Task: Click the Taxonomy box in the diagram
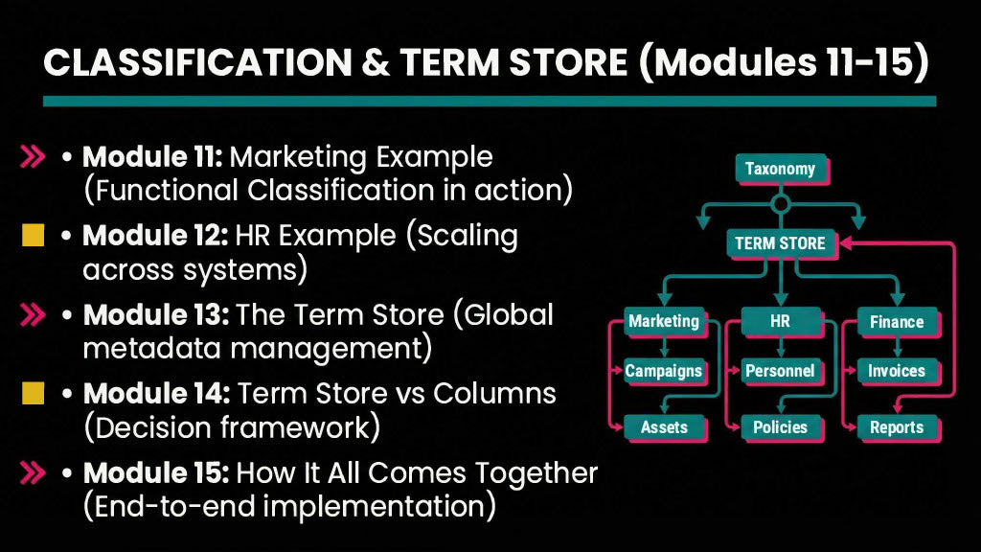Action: pyautogui.click(x=780, y=170)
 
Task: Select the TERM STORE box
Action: pyautogui.click(x=780, y=243)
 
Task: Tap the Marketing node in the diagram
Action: pyautogui.click(x=663, y=322)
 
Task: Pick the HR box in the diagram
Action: pyautogui.click(x=780, y=322)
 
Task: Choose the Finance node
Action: pyautogui.click(x=896, y=322)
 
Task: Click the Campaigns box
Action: pyautogui.click(x=663, y=371)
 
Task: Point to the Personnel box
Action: pyautogui.click(x=780, y=371)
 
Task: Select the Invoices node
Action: pyautogui.click(x=896, y=371)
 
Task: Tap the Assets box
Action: pyautogui.click(x=663, y=427)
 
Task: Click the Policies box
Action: pyautogui.click(x=780, y=427)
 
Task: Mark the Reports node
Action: pyautogui.click(x=896, y=427)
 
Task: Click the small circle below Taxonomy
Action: pyautogui.click(x=780, y=203)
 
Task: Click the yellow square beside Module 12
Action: pyautogui.click(x=34, y=236)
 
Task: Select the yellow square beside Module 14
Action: pyautogui.click(x=34, y=393)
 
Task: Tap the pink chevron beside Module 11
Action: pyautogui.click(x=34, y=157)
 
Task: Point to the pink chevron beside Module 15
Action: pyautogui.click(x=34, y=472)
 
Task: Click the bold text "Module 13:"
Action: pyautogui.click(x=154, y=315)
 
